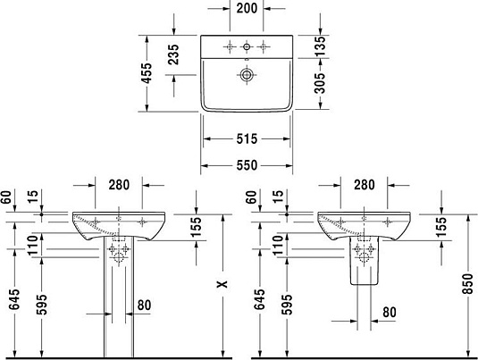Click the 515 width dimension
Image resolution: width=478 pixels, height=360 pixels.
[247, 138]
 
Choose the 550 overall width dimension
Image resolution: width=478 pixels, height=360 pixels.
[247, 165]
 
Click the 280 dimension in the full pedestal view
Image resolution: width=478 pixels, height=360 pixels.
[119, 186]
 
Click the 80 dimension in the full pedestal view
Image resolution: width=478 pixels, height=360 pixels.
[144, 306]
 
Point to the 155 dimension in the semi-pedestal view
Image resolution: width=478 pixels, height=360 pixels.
[440, 227]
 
